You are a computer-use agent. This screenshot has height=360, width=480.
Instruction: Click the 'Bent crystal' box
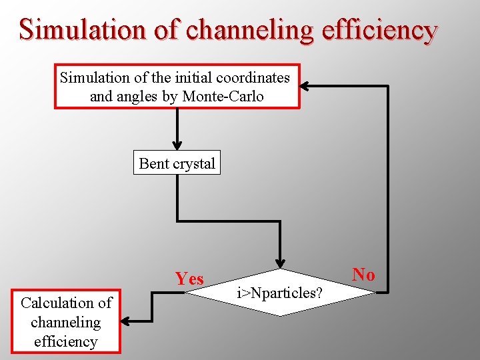[x=177, y=163]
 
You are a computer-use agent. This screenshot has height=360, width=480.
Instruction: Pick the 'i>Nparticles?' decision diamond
[x=281, y=293]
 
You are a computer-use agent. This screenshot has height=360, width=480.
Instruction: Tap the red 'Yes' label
[x=189, y=279]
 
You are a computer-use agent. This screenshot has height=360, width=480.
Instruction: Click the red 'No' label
[x=363, y=274]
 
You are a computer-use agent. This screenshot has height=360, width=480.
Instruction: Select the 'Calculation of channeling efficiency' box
[x=66, y=322]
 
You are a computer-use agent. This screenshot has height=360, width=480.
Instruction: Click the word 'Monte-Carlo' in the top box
[x=223, y=96]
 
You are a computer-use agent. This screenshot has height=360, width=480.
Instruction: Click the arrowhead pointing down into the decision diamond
[x=281, y=263]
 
